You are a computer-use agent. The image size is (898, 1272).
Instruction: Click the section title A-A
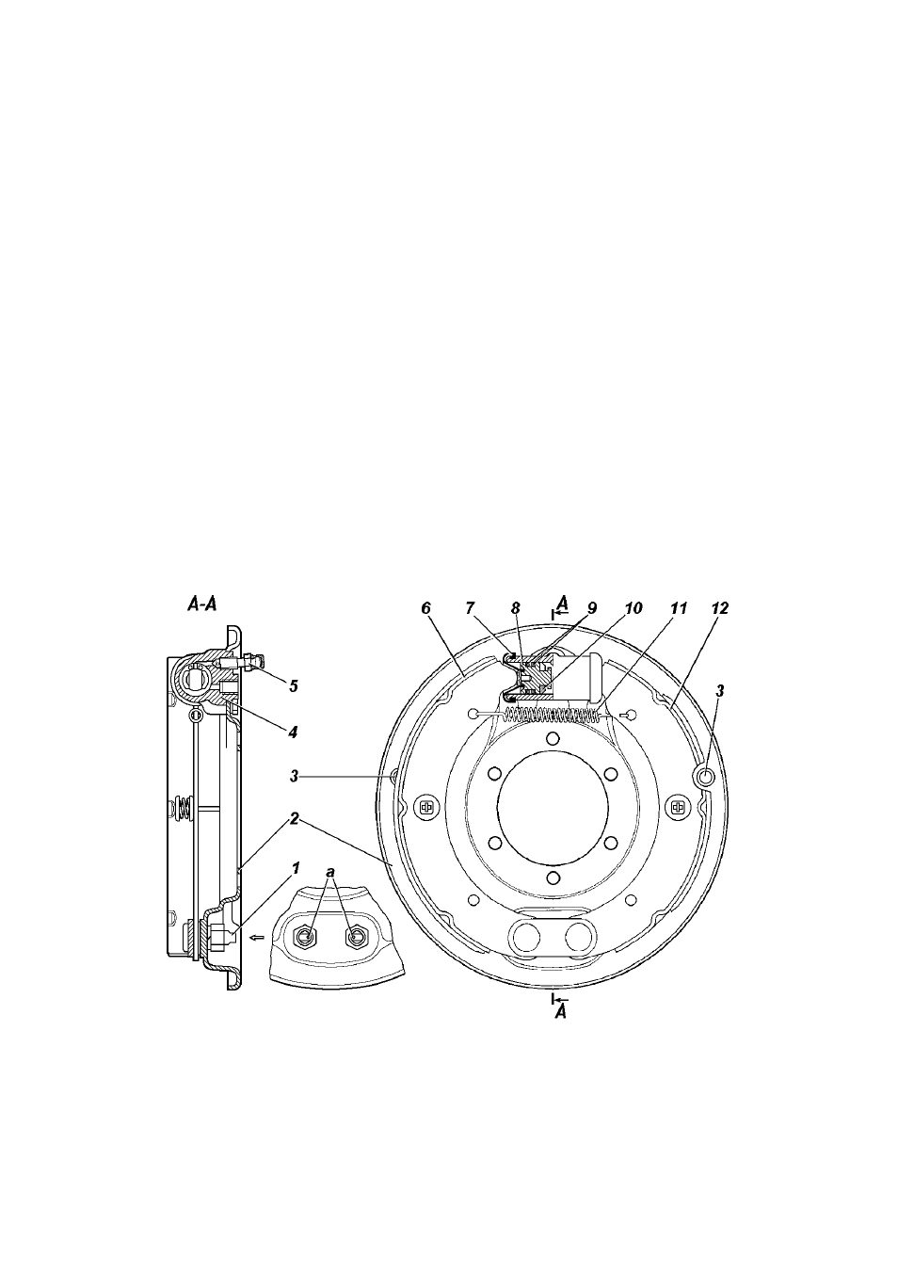pos(202,605)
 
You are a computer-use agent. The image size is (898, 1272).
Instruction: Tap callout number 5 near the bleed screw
pos(293,686)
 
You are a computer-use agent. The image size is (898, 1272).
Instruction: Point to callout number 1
pos(295,869)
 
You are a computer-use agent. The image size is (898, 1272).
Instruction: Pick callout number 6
pos(425,609)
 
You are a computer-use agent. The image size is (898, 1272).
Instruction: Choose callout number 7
pos(470,609)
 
